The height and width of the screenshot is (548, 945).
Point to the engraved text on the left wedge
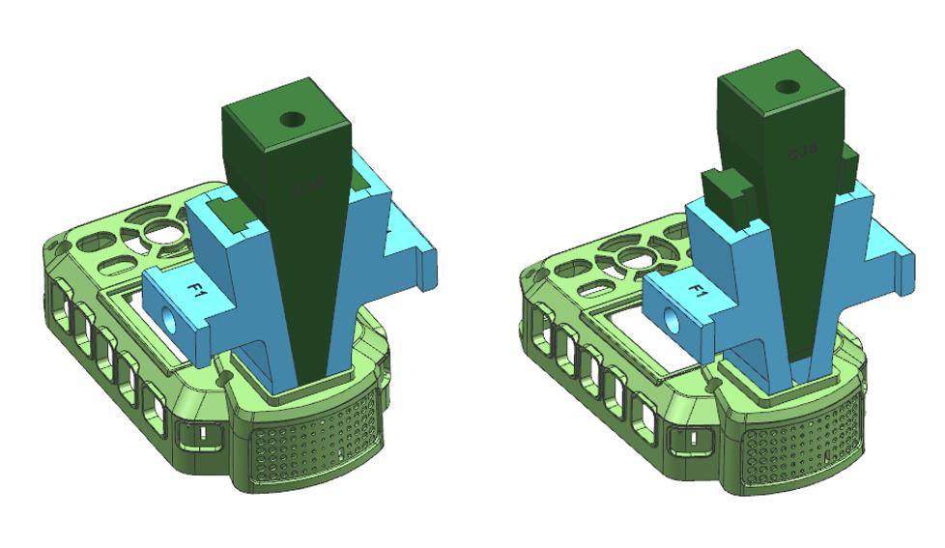click(306, 187)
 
